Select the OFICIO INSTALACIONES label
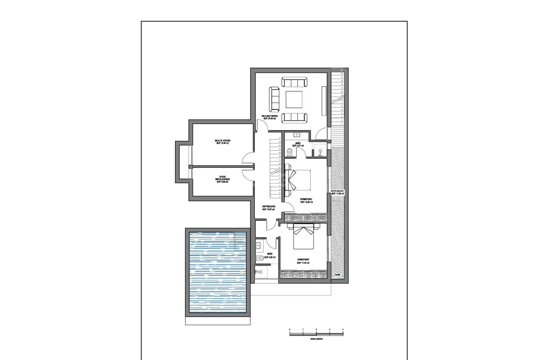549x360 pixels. (x=222, y=179)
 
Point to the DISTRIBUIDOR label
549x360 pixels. (x=268, y=207)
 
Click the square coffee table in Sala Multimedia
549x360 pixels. (x=294, y=100)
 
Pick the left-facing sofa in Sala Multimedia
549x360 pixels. (x=274, y=97)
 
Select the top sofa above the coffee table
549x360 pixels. (x=294, y=82)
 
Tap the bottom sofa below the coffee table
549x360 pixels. (x=294, y=118)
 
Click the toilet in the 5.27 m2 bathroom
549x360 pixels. (x=290, y=151)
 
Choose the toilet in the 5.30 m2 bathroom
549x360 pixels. (x=261, y=258)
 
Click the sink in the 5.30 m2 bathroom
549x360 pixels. (x=258, y=245)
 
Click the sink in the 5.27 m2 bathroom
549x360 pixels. (x=297, y=135)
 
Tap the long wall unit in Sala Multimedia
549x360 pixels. (x=324, y=100)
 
